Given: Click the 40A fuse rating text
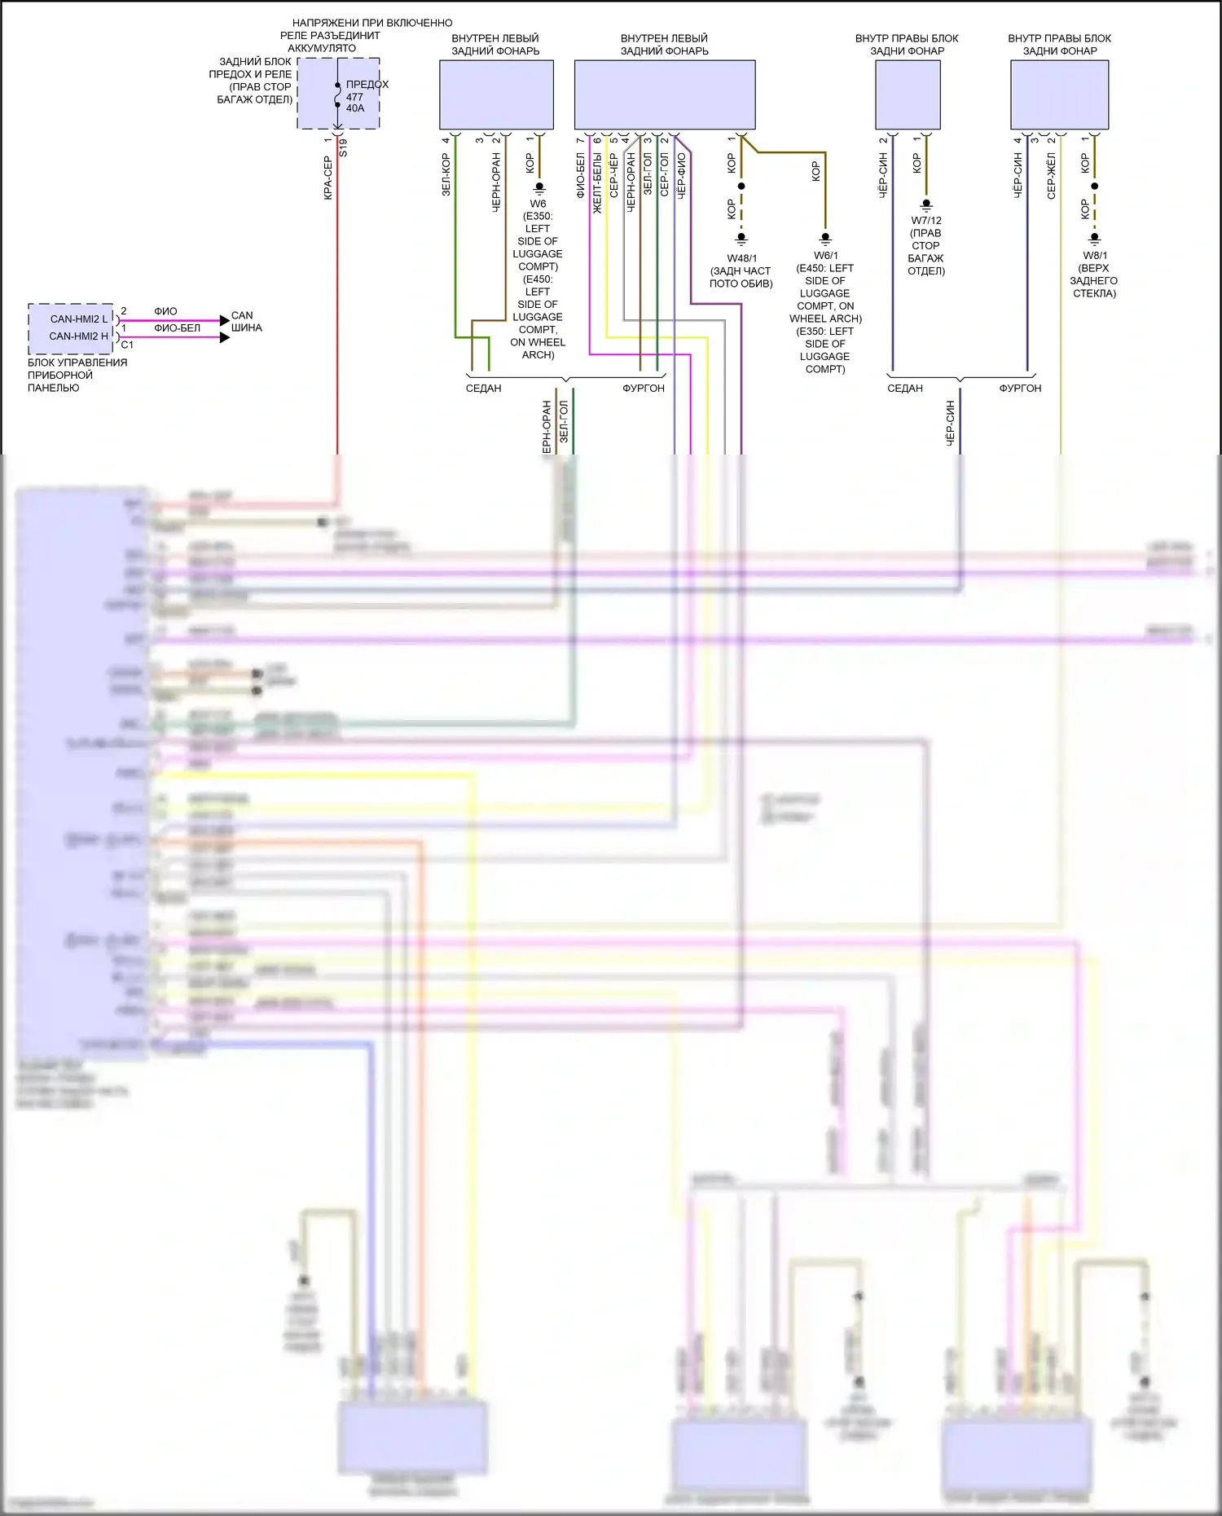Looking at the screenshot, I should click(355, 108).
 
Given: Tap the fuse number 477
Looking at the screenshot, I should click(354, 97).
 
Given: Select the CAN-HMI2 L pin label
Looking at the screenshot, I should click(78, 319).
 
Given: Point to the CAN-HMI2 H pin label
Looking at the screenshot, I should click(78, 336).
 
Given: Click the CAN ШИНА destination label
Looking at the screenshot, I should click(246, 322).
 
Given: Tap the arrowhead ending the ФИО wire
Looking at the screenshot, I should click(225, 320).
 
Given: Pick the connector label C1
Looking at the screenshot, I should click(127, 345).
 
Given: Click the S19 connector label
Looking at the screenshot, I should click(343, 147).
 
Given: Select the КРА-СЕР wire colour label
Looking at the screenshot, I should click(327, 178).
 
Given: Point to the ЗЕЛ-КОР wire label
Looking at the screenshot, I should click(446, 175).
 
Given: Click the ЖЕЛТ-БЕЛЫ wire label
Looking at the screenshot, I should click(597, 183).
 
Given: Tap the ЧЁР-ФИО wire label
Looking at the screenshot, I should click(682, 176).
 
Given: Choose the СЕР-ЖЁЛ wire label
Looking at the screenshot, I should click(1051, 176).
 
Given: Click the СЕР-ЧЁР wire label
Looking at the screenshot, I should click(614, 176).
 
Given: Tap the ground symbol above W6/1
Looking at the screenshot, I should click(825, 239).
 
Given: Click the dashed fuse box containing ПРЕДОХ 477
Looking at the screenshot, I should click(338, 93).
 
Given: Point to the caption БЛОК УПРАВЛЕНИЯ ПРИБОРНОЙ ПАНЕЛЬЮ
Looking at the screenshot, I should click(77, 375).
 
